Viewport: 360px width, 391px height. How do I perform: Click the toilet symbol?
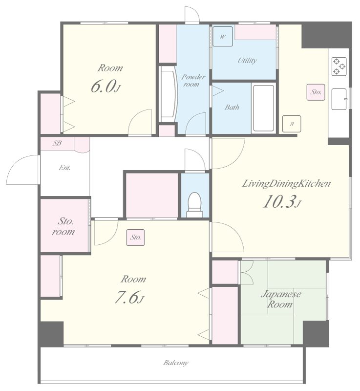pyautogui.click(x=194, y=205)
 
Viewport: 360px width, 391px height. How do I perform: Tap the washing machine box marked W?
pyautogui.click(x=222, y=37)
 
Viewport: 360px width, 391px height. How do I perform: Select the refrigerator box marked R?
pyautogui.click(x=292, y=124)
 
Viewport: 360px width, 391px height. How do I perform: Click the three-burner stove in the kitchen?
pyautogui.click(x=339, y=66)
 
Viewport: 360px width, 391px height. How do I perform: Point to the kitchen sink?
pyautogui.click(x=339, y=99)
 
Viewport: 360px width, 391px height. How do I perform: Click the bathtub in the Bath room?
pyautogui.click(x=263, y=108)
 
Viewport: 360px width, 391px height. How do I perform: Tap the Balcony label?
pyautogui.click(x=176, y=363)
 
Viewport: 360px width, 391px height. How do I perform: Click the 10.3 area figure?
pyautogui.click(x=282, y=201)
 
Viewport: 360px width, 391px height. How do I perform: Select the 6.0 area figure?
pyautogui.click(x=106, y=87)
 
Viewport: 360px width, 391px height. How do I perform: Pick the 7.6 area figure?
pyautogui.click(x=129, y=297)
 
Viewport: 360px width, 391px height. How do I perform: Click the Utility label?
pyautogui.click(x=247, y=60)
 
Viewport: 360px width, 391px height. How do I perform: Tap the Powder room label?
pyautogui.click(x=193, y=80)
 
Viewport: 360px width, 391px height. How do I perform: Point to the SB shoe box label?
pyautogui.click(x=57, y=143)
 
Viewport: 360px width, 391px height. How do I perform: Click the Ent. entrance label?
pyautogui.click(x=64, y=168)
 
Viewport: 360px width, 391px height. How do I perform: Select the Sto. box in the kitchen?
pyautogui.click(x=316, y=92)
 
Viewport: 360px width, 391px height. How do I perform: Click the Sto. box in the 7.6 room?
pyautogui.click(x=135, y=238)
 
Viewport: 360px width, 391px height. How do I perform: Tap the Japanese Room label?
pyautogui.click(x=281, y=299)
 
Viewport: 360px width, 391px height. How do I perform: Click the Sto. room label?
pyautogui.click(x=64, y=226)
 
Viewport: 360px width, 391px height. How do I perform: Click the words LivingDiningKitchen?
pyautogui.click(x=287, y=184)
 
